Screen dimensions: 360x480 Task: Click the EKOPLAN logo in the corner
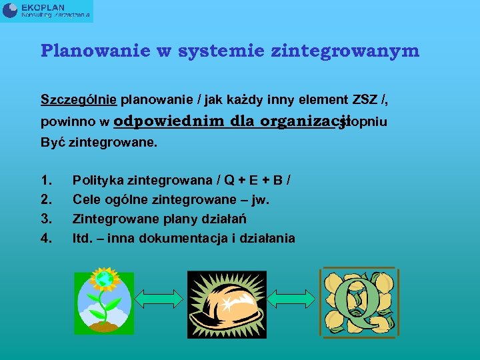click(47, 11)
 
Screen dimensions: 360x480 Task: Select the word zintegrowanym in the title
click(359, 51)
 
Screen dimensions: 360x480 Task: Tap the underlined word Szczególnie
click(79, 100)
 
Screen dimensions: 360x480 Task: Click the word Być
click(53, 142)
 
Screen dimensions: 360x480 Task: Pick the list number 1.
click(46, 180)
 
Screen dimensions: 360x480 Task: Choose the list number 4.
click(46, 238)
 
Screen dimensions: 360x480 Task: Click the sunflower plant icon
click(105, 301)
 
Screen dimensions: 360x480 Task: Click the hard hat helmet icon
click(227, 303)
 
